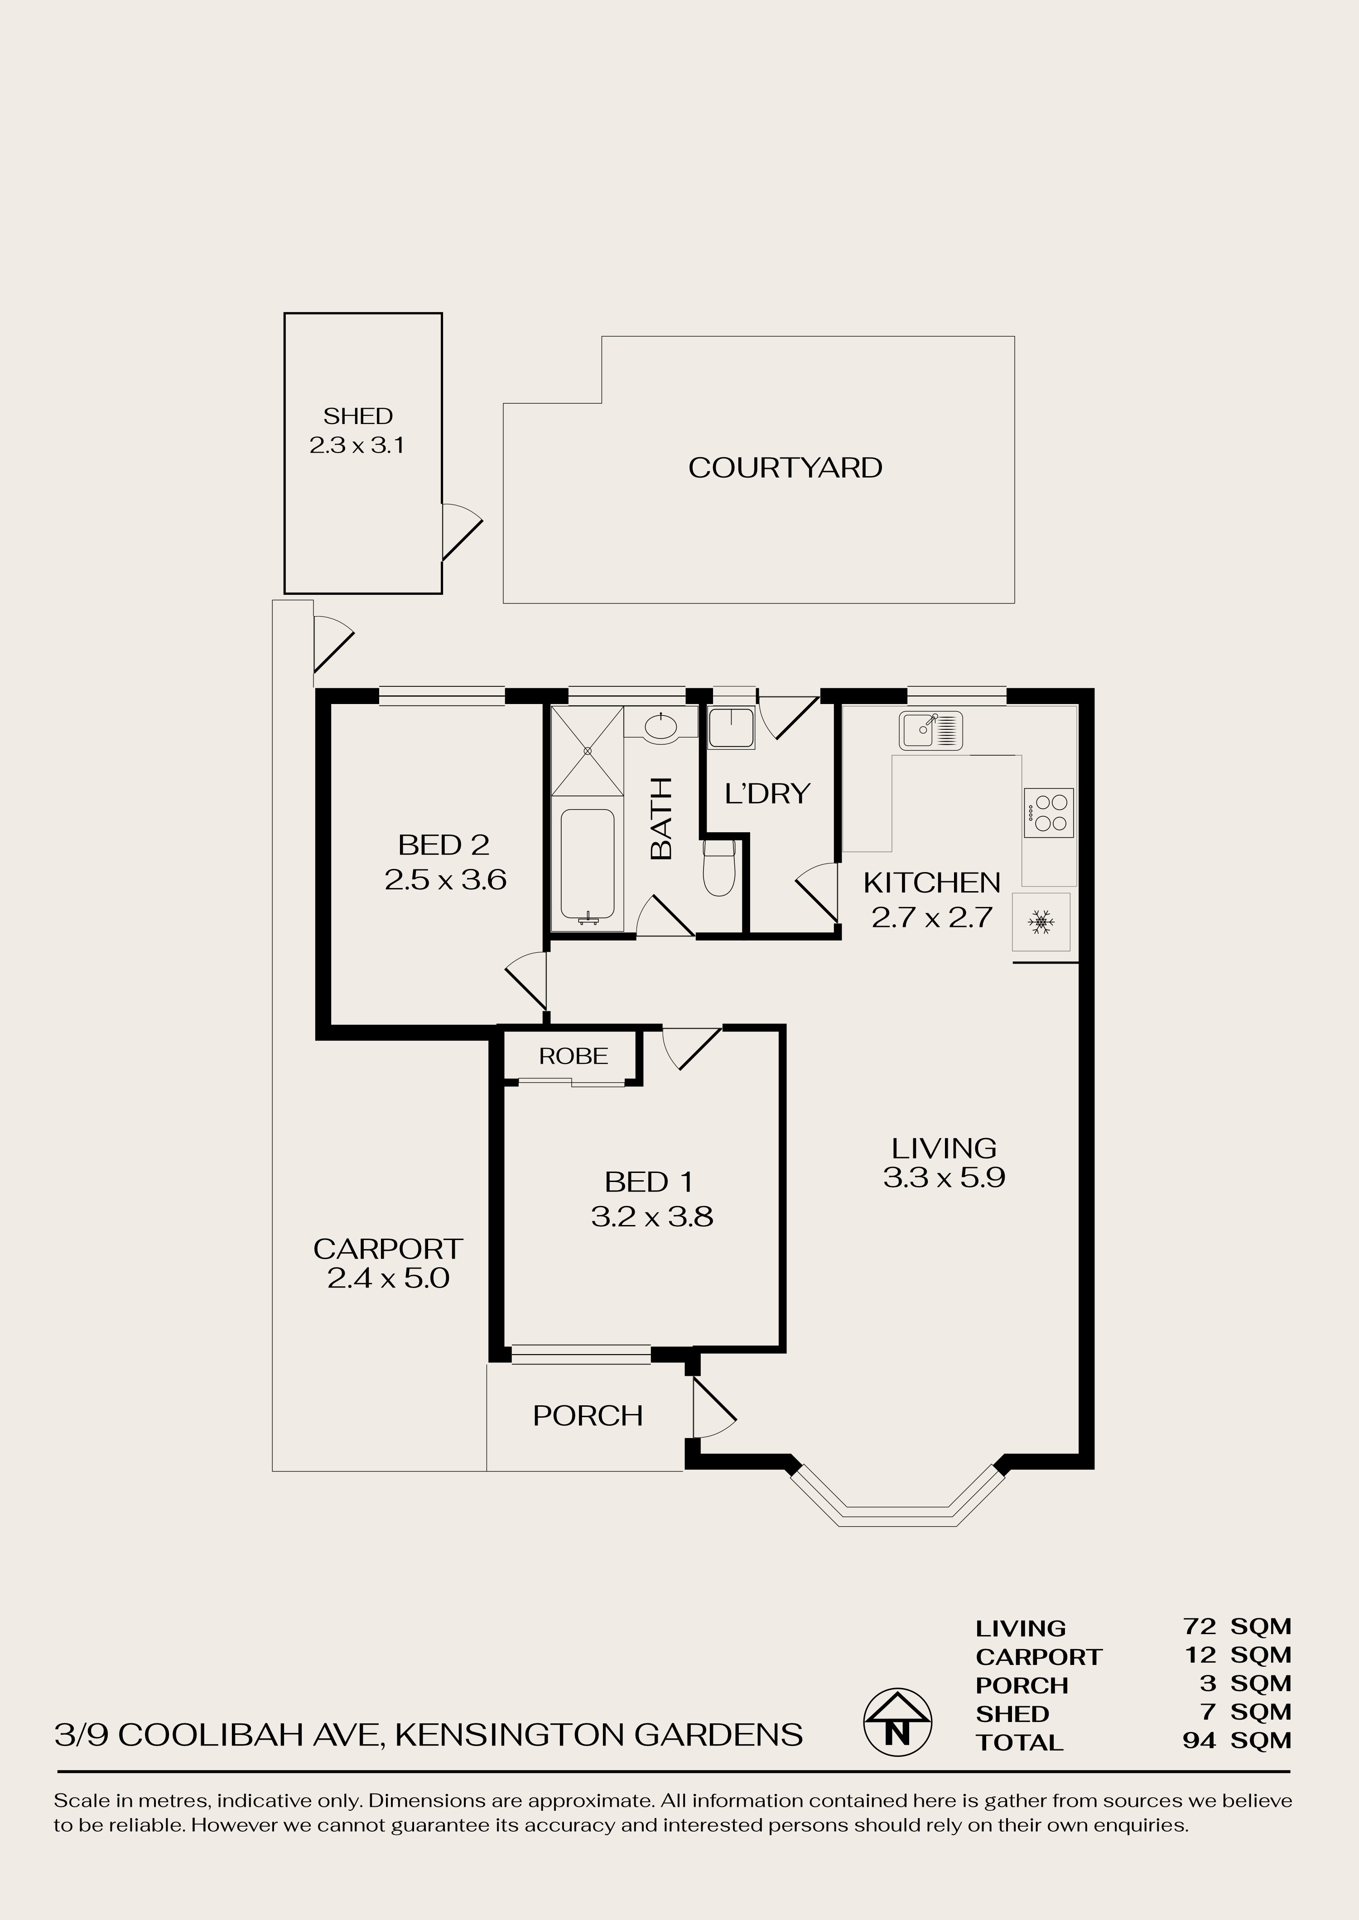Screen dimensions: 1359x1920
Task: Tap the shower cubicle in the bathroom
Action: (588, 750)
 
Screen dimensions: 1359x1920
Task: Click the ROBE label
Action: (573, 1056)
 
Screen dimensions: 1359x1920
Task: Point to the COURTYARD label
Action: (785, 468)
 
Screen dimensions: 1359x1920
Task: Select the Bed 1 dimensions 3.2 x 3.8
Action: (652, 1216)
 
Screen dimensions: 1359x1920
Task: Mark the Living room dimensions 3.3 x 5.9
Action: (944, 1177)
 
